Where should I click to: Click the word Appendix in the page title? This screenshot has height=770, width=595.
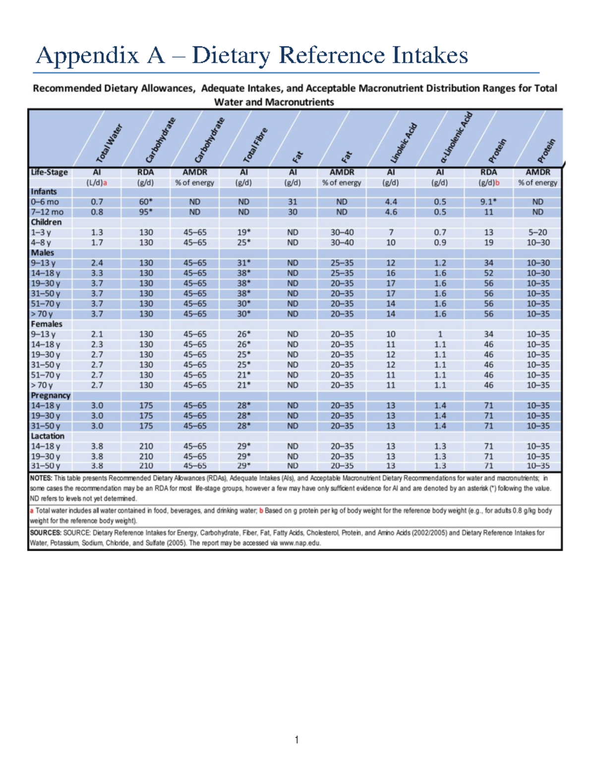[87, 56]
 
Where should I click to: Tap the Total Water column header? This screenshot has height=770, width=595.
[109, 144]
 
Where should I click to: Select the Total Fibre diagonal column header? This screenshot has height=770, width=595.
[255, 145]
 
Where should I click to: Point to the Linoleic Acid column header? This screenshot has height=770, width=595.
[403, 143]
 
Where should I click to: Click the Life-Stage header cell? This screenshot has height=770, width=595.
[49, 173]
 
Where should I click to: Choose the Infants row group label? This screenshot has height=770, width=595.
[44, 192]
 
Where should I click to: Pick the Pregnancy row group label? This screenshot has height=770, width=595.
[50, 396]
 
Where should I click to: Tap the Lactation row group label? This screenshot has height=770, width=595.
[48, 436]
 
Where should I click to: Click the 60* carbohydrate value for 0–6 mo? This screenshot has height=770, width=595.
[146, 202]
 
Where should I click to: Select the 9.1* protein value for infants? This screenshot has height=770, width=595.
[488, 202]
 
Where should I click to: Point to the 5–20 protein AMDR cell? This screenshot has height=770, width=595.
[537, 233]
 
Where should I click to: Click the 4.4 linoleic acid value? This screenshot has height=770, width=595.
[391, 202]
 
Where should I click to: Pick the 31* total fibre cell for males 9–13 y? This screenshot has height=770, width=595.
[243, 263]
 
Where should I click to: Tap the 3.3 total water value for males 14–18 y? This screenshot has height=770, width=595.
[97, 273]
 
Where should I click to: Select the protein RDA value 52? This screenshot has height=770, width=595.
[488, 273]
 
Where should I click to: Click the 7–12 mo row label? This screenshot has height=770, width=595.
[47, 212]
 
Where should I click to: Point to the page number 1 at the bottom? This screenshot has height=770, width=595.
[297, 740]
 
